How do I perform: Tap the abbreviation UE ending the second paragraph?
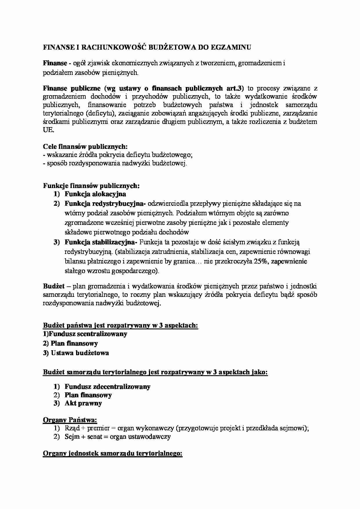[x=48, y=130]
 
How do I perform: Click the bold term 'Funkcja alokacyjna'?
[x=95, y=194]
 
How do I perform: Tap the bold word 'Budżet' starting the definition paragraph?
[x=54, y=286]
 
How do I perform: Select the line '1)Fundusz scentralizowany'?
[x=85, y=334]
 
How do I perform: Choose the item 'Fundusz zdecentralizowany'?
[x=107, y=387]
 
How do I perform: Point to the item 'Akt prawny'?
[x=83, y=403]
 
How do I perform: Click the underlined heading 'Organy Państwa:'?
[x=70, y=420]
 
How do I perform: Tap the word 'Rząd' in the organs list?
[x=72, y=428]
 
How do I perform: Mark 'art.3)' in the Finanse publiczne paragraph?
[x=234, y=88]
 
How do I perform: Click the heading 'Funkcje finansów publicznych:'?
[x=91, y=186]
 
